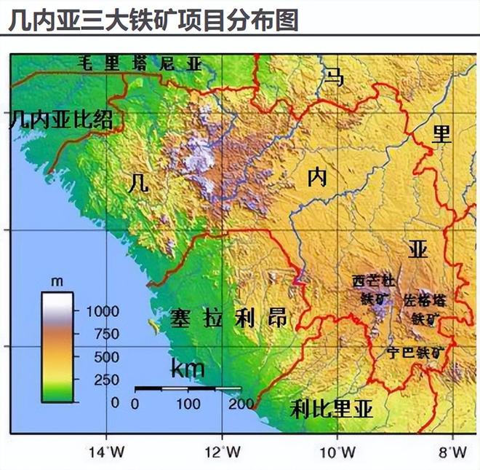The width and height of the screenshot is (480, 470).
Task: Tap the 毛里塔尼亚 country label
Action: pyautogui.click(x=139, y=63)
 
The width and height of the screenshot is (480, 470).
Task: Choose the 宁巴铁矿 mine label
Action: pyautogui.click(x=415, y=353)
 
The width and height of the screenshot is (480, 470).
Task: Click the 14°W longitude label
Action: pyautogui.click(x=106, y=452)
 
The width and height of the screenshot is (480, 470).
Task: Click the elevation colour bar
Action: pyautogui.click(x=57, y=347)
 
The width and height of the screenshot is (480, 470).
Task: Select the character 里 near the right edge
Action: pyautogui.click(x=441, y=134)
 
